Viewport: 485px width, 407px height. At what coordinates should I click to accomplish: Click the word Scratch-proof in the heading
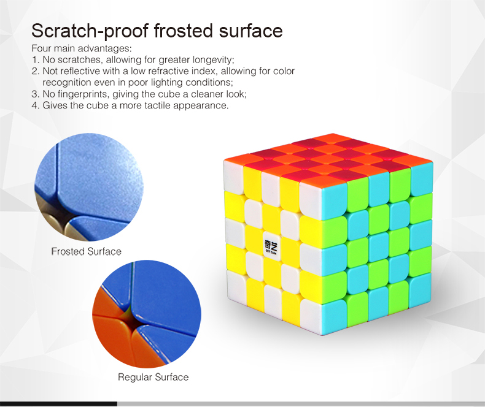pos(90,31)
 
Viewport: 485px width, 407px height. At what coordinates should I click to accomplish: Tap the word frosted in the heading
pos(184,31)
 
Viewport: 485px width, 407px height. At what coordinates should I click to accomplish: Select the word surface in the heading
pos(251,31)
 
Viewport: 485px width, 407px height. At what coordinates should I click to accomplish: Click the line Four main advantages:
pos(82,48)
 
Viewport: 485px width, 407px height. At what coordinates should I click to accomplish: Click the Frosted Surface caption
pos(87,251)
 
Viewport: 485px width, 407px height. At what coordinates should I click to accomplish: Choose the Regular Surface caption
pos(153,377)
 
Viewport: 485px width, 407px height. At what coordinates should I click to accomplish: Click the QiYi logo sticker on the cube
pos(271,247)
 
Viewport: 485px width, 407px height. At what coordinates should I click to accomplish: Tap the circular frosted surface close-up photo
pos(89,187)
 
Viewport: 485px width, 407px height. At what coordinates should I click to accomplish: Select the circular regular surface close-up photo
pos(147,314)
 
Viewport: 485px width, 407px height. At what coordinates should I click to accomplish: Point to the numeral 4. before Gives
pos(35,105)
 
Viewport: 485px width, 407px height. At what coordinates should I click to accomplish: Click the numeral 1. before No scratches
pos(35,59)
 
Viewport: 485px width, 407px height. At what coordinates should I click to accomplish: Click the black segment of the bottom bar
pos(58,404)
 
